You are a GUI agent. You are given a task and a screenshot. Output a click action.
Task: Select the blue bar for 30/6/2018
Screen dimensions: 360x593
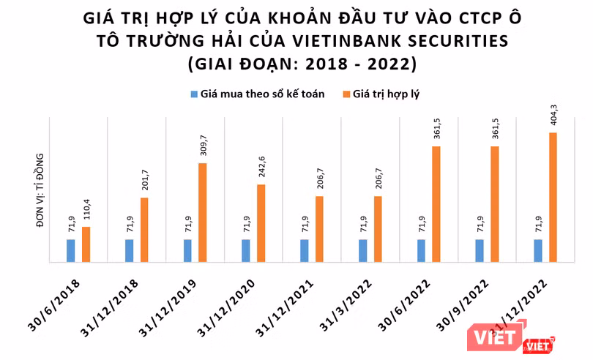(x=71, y=250)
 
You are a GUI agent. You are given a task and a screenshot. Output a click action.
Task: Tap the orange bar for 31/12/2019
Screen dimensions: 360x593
(x=203, y=211)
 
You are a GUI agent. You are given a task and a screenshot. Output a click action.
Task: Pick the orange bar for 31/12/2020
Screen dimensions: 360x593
(x=261, y=222)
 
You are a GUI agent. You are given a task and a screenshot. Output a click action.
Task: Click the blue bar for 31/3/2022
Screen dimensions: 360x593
(x=363, y=250)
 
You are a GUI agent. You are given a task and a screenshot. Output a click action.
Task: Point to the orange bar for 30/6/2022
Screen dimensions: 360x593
(x=436, y=203)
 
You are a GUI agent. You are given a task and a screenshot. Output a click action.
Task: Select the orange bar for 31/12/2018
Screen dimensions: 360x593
(x=144, y=229)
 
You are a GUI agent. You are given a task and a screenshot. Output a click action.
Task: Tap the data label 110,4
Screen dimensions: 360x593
(x=86, y=213)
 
